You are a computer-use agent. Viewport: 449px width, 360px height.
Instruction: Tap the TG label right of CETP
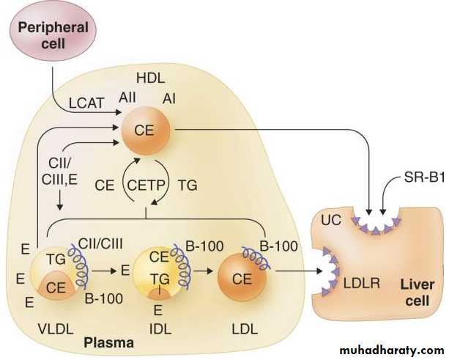point(188,187)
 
